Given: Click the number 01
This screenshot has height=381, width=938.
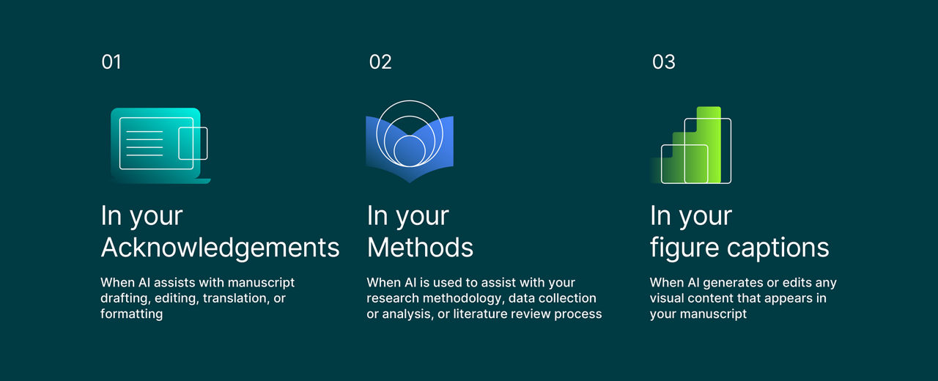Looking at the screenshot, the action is tap(111, 62).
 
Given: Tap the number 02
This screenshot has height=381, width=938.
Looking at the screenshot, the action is tap(380, 62).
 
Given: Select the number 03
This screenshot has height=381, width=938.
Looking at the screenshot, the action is tap(664, 62).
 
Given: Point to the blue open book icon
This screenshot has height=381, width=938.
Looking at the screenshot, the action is tap(410, 142).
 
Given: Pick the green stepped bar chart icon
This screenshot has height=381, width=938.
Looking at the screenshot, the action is tap(691, 145).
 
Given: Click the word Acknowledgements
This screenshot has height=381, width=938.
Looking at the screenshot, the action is tap(220, 248).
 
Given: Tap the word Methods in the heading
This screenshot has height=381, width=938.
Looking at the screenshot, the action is tap(420, 248).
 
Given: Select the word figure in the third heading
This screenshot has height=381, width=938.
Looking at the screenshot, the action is tap(685, 248).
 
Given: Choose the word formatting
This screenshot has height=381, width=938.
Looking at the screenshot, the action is tap(131, 314).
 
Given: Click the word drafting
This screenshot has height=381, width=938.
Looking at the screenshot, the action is tap(125, 298).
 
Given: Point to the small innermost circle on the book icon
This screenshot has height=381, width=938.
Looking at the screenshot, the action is tap(410, 151).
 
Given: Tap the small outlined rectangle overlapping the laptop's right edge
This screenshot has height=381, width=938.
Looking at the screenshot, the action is tap(193, 143).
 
